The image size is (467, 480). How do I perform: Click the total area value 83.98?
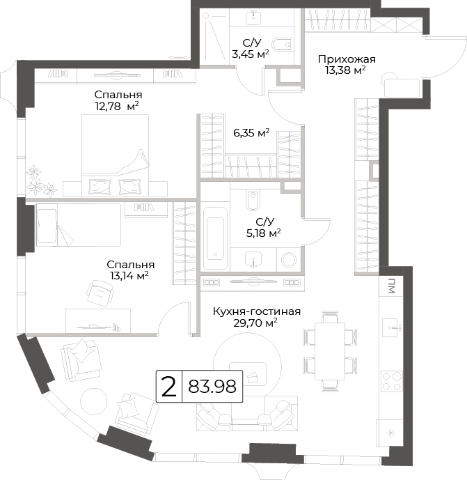click(212, 387)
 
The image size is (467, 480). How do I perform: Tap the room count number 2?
click(169, 387)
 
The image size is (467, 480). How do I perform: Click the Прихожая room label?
click(347, 59)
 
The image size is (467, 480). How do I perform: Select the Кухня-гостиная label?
click(257, 311)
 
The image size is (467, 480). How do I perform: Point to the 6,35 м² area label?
click(251, 133)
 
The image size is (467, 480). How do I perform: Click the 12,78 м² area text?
click(117, 107)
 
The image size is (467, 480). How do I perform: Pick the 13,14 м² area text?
click(129, 275)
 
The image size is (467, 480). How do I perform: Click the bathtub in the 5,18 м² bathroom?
click(215, 238)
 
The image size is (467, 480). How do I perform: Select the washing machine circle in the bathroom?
click(289, 260)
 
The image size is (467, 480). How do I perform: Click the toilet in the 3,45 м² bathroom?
click(282, 45)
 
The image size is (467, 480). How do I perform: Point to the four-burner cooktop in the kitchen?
click(392, 381)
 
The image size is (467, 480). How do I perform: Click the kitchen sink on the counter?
click(392, 327)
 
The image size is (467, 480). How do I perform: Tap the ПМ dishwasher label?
click(391, 286)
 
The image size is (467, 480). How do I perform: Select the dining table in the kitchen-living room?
click(330, 351)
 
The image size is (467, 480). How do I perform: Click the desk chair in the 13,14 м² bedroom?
click(100, 293)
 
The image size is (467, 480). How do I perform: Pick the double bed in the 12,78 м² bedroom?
click(115, 155)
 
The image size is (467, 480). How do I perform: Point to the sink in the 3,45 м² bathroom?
click(253, 17)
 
